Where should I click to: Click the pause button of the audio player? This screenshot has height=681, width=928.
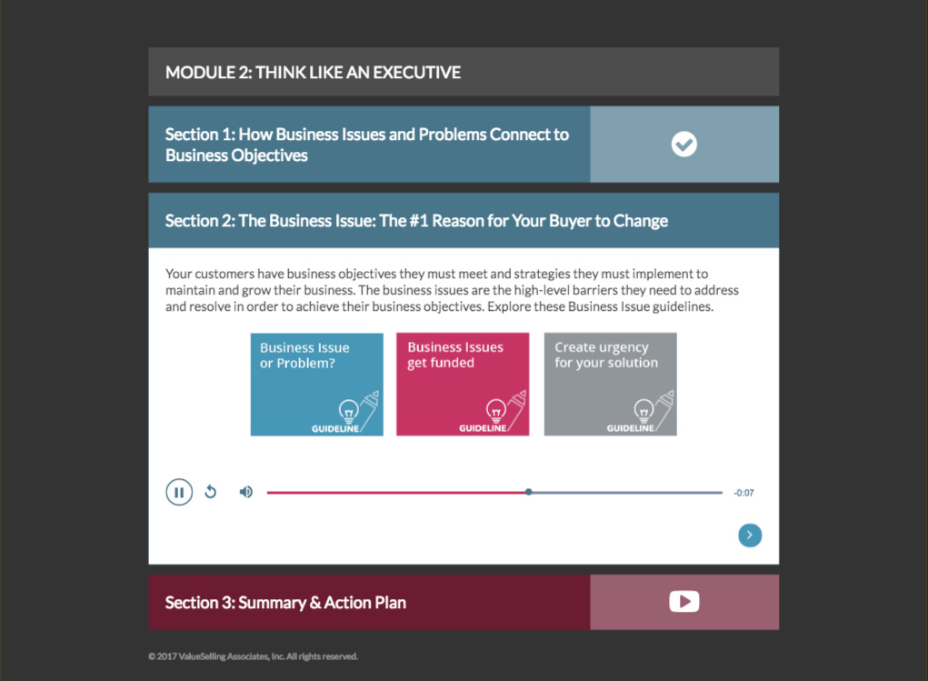179,492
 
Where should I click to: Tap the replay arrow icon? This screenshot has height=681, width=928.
211,492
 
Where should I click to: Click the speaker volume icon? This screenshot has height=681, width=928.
246,492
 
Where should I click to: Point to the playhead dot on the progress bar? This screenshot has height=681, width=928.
528,492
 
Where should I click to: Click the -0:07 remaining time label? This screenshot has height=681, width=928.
743,493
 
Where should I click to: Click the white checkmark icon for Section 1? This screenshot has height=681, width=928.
684,144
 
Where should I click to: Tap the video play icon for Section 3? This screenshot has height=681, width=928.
684,602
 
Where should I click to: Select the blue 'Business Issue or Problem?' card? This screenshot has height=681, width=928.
316,385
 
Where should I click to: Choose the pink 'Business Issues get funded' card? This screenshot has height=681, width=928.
463,385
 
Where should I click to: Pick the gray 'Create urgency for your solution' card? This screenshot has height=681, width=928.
610,385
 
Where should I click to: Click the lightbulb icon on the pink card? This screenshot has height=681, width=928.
496,410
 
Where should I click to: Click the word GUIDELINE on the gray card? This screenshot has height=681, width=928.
630,428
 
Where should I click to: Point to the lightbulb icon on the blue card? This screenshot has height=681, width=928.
349,410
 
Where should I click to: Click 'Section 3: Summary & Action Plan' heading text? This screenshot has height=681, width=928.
285,603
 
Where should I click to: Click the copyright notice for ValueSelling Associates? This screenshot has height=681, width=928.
254,656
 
